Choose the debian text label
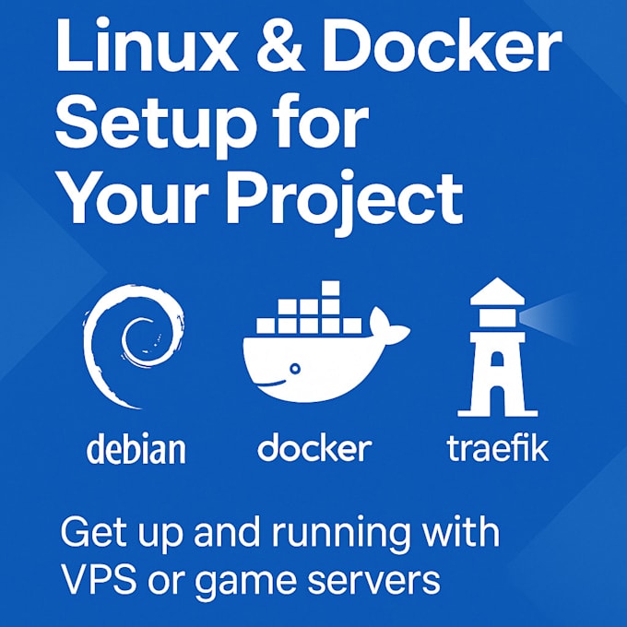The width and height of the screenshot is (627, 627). click(x=136, y=449)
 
